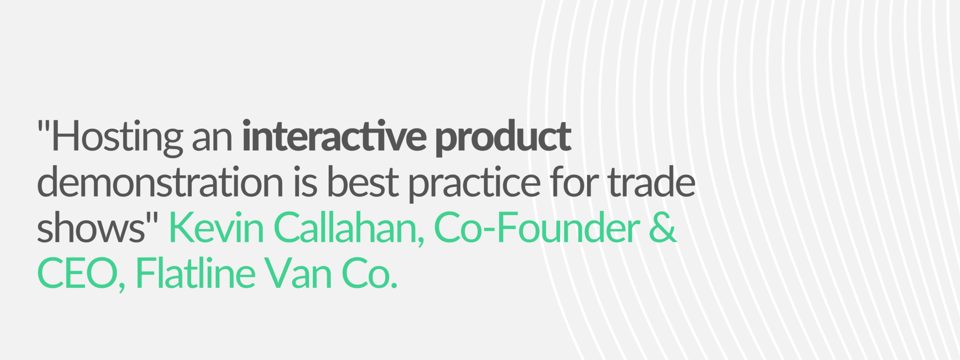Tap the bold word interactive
click(334, 136)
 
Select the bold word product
click(503, 139)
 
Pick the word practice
click(475, 185)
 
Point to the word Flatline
click(195, 273)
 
